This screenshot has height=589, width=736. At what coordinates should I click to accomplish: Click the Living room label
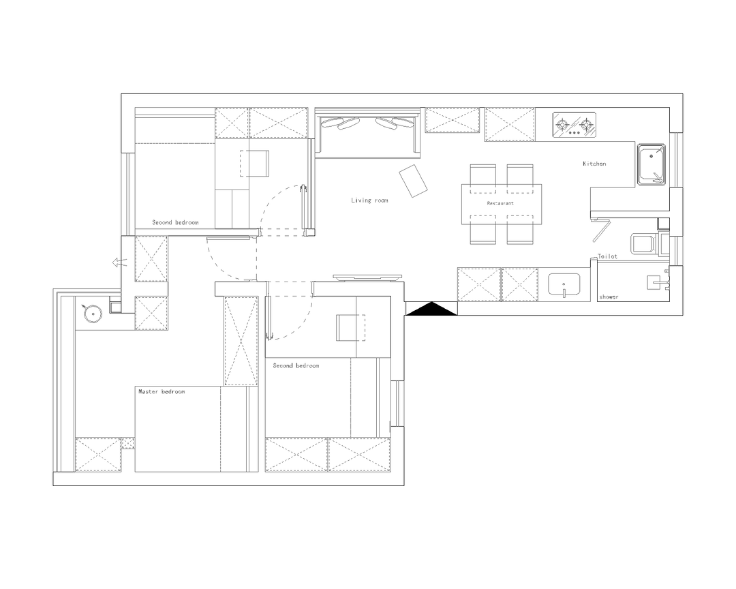[x=369, y=200]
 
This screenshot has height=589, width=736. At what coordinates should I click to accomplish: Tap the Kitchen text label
[x=594, y=164]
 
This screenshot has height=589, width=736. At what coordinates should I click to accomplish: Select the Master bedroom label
[x=162, y=391]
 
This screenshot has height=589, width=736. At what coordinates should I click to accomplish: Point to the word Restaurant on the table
[x=500, y=203]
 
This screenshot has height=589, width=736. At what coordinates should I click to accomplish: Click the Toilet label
[x=607, y=256]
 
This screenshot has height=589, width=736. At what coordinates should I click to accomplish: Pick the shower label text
[x=609, y=297]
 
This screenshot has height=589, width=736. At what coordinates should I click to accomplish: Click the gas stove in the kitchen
[x=574, y=125]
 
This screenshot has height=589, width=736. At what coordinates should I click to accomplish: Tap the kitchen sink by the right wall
[x=651, y=164]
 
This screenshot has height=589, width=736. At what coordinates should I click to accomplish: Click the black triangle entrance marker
[x=431, y=309]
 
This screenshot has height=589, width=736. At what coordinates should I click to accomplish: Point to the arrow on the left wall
[x=120, y=262]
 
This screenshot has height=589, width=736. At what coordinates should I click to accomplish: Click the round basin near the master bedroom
[x=93, y=312]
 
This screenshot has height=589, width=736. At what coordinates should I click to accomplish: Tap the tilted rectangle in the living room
[x=413, y=181]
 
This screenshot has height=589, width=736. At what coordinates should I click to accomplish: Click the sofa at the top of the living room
[x=367, y=133]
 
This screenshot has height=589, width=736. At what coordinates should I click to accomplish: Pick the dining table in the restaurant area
[x=502, y=205]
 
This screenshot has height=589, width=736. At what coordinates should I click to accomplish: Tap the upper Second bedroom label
[x=175, y=222]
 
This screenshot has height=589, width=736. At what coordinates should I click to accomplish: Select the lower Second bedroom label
[x=296, y=365]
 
